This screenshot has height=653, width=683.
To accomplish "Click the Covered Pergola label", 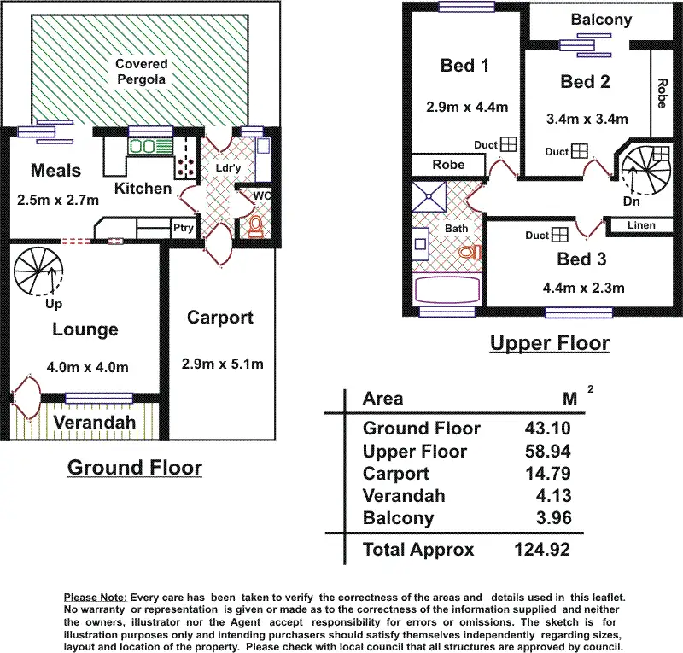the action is (x=142, y=72).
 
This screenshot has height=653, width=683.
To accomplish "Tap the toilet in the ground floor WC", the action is (x=255, y=226).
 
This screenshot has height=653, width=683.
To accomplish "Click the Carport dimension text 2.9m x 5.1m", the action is (x=222, y=364).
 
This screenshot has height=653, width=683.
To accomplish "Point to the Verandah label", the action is (x=95, y=423).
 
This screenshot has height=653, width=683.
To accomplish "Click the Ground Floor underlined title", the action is (x=135, y=468).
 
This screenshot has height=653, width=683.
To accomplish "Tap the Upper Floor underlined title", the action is (x=549, y=344).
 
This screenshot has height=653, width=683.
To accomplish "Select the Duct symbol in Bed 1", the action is (x=509, y=144).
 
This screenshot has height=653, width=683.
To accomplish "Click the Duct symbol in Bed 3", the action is (x=561, y=235).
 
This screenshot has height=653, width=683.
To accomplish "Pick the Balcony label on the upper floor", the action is (x=602, y=20).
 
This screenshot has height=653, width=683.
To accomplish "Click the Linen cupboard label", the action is (x=642, y=225).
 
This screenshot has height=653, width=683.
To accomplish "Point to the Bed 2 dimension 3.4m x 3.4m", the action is (x=587, y=120).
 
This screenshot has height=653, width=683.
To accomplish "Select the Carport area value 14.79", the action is (x=550, y=474).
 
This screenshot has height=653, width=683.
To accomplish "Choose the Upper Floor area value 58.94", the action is (x=550, y=452).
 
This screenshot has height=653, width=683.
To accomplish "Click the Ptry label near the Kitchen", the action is (x=183, y=228).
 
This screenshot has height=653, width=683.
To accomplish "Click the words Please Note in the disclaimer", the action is (x=96, y=597).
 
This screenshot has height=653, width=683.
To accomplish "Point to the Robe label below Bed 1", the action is (x=448, y=165).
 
